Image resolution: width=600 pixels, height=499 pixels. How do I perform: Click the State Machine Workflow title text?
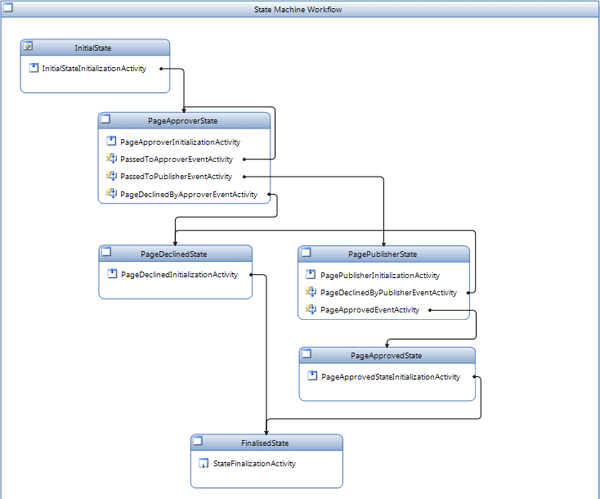pos(300,9)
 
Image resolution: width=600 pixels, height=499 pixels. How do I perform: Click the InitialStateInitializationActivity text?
pos(94,68)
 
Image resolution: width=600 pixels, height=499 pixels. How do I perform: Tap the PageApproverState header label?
pos(183,120)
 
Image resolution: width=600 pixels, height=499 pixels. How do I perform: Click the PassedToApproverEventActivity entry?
pos(176,159)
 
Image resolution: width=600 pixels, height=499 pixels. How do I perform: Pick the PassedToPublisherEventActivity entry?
pos(176,176)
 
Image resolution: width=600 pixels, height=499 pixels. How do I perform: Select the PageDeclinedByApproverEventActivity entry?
pos(188,194)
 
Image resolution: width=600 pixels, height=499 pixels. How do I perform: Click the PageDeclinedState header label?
pos(174,254)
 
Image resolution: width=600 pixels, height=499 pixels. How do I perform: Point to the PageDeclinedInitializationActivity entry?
pos(179,274)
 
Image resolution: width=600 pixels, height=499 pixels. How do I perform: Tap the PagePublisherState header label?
pos(382,254)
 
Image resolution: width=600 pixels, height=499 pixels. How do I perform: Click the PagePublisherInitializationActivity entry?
pos(380,275)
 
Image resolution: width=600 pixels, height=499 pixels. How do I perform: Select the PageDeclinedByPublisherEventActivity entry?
pos(388,293)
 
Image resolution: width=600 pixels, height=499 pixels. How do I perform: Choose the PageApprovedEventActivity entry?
pos(369,310)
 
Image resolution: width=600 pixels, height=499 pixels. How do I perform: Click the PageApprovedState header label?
pos(386,356)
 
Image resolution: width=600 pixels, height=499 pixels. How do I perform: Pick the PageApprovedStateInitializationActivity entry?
pos(390,377)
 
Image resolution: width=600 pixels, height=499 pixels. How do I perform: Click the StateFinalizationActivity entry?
pos(254,463)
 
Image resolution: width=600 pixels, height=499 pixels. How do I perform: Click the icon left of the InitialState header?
pos(29,47)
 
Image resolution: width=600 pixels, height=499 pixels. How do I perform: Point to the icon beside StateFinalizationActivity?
pos(204,463)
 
